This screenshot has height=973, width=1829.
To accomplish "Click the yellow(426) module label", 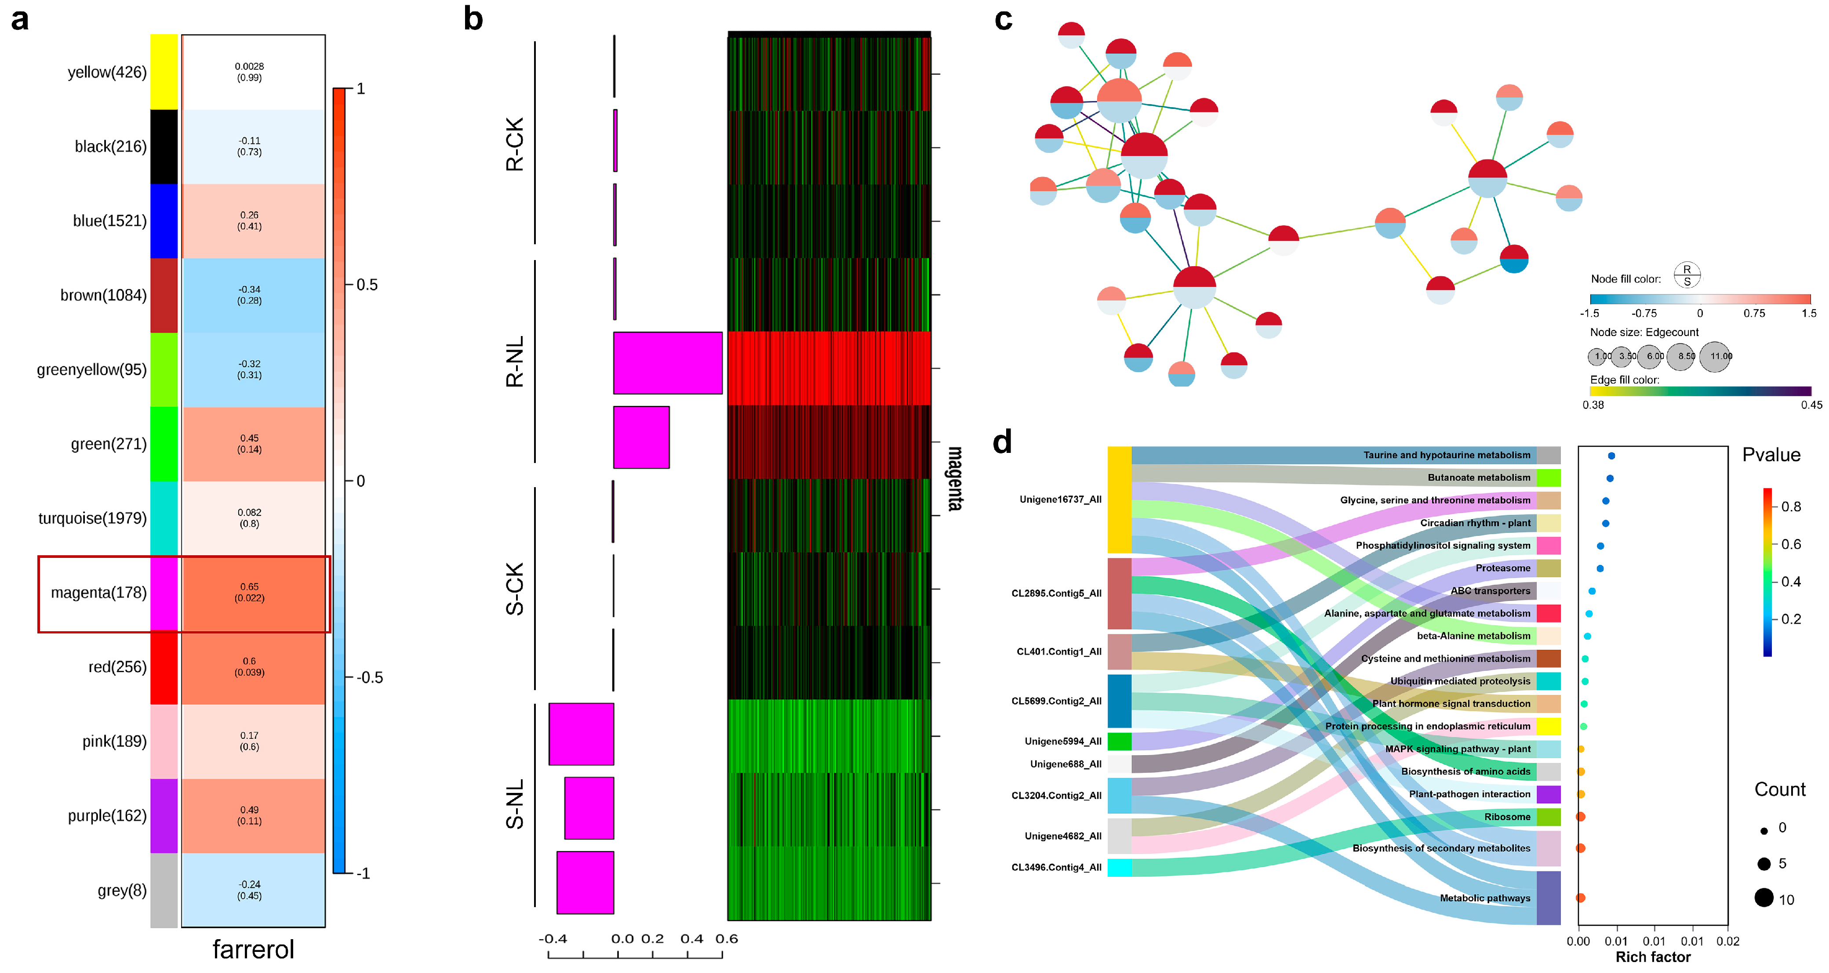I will tap(106, 72).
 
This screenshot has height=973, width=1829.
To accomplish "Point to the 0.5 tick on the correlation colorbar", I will tap(366, 285).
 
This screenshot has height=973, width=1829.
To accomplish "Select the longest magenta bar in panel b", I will tap(667, 363).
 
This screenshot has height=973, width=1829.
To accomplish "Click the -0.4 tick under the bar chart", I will tap(553, 939).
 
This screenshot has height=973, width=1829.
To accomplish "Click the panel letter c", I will tap(1003, 19).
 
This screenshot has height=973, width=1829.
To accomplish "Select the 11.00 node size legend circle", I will tap(1716, 356).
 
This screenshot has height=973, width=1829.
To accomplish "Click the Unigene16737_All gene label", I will tap(1060, 499).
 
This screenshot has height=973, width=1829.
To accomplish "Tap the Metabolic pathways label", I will tap(1485, 898).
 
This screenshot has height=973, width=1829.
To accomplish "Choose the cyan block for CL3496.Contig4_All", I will tap(1119, 867).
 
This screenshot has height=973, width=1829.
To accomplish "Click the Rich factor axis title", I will tap(1653, 957).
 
